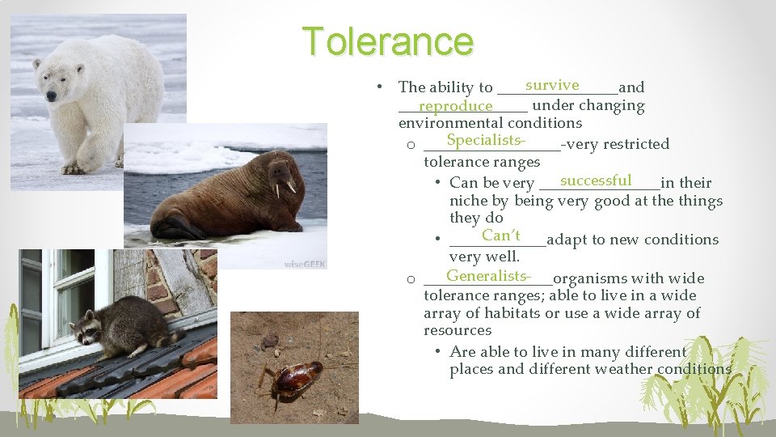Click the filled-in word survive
551,85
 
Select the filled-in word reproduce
456,106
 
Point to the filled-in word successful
595,180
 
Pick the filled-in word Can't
500,235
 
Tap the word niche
467,201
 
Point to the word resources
457,330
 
